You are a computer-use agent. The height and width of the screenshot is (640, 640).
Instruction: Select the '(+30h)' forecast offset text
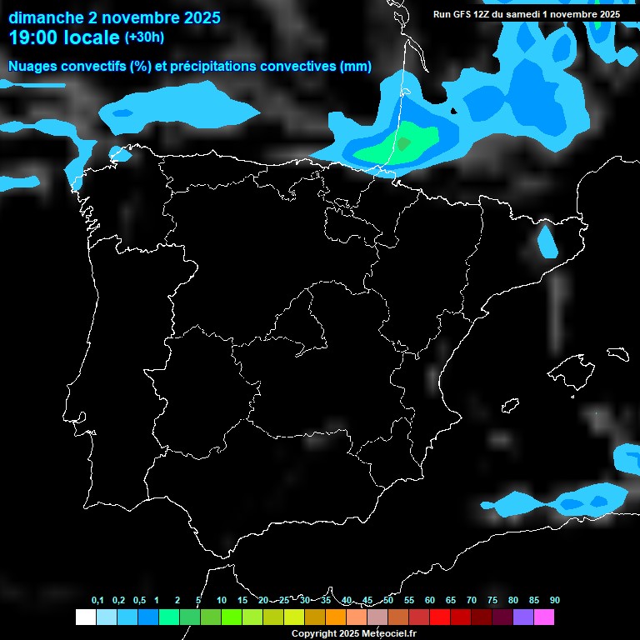tap(144, 37)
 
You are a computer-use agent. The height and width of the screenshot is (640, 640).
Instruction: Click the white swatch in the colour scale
tap(85, 617)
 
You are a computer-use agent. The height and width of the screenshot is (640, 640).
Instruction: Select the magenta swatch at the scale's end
tap(544, 617)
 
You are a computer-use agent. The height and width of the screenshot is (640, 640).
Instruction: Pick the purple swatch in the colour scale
tap(523, 617)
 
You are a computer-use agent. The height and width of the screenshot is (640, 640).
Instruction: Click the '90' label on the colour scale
tap(555, 601)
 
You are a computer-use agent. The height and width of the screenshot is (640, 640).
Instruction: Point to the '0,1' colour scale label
tap(97, 601)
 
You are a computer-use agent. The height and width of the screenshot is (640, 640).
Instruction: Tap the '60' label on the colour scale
tap(430, 601)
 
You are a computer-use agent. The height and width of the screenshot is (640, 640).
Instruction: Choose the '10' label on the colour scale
tap(222, 601)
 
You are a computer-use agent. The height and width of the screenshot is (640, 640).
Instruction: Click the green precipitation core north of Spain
tap(406, 142)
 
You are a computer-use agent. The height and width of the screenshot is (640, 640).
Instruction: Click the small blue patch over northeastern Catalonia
tap(547, 242)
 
